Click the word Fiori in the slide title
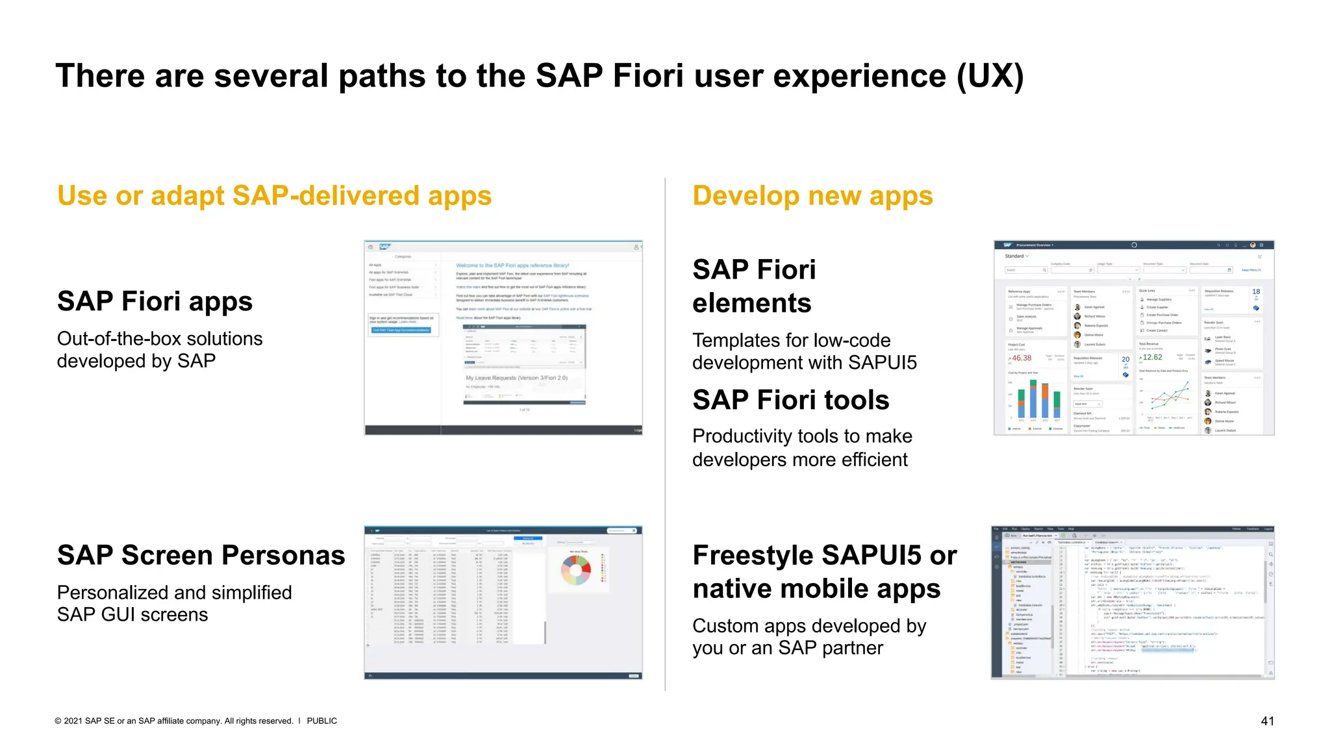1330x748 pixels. click(x=647, y=76)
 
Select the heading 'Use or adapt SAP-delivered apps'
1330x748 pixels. click(x=274, y=195)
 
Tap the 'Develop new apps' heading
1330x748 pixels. click(x=812, y=195)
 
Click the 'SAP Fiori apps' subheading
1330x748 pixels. click(x=155, y=301)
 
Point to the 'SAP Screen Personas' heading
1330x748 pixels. click(x=201, y=555)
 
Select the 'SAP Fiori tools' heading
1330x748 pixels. click(x=790, y=400)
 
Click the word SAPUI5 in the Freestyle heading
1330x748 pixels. click(x=872, y=555)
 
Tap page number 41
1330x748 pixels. click(x=1267, y=721)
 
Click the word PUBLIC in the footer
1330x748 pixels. click(x=321, y=721)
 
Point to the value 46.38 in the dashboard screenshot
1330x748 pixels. click(x=1021, y=358)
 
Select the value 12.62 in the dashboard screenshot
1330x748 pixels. click(x=1152, y=357)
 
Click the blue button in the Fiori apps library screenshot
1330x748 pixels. click(x=401, y=330)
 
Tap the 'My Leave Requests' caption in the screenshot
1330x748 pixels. click(x=516, y=378)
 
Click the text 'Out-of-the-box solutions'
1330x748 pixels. click(x=160, y=339)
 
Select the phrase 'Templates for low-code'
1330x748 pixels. click(x=791, y=340)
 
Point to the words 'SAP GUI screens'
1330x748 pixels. click(x=132, y=615)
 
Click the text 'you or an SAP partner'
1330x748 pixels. click(x=787, y=648)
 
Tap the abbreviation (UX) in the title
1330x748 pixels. click(x=990, y=76)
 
